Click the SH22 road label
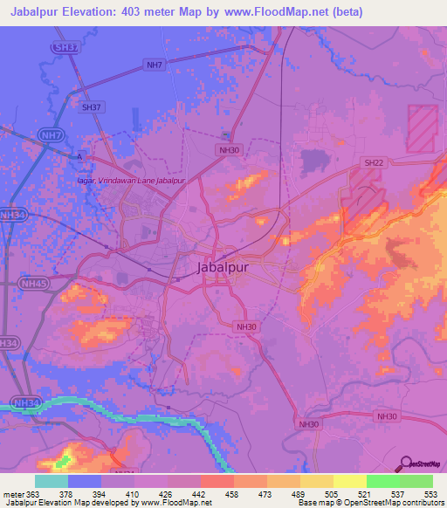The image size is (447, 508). pyautogui.click(x=374, y=163)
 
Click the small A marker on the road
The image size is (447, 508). pyautogui.click(x=79, y=156)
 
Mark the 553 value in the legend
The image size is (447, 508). pyautogui.click(x=430, y=495)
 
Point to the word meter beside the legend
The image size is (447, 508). pyautogui.click(x=12, y=495)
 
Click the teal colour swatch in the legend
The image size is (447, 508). pyautogui.click(x=52, y=481)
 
